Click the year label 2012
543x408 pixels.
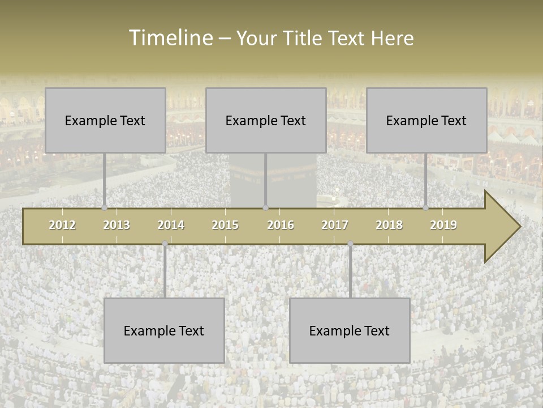62,225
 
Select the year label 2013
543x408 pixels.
117,225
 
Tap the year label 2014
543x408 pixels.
171,225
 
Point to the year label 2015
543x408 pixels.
225,225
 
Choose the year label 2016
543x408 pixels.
281,225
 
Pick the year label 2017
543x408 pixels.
335,225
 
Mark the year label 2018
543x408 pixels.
389,225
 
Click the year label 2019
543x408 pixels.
443,225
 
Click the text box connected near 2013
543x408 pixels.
105,120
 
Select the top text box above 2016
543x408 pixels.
266,120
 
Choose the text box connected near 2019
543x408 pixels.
426,120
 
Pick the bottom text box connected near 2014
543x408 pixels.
164,330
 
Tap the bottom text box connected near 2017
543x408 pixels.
350,330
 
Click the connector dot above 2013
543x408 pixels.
105,207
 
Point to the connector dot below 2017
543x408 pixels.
350,244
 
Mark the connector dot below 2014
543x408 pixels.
165,244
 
